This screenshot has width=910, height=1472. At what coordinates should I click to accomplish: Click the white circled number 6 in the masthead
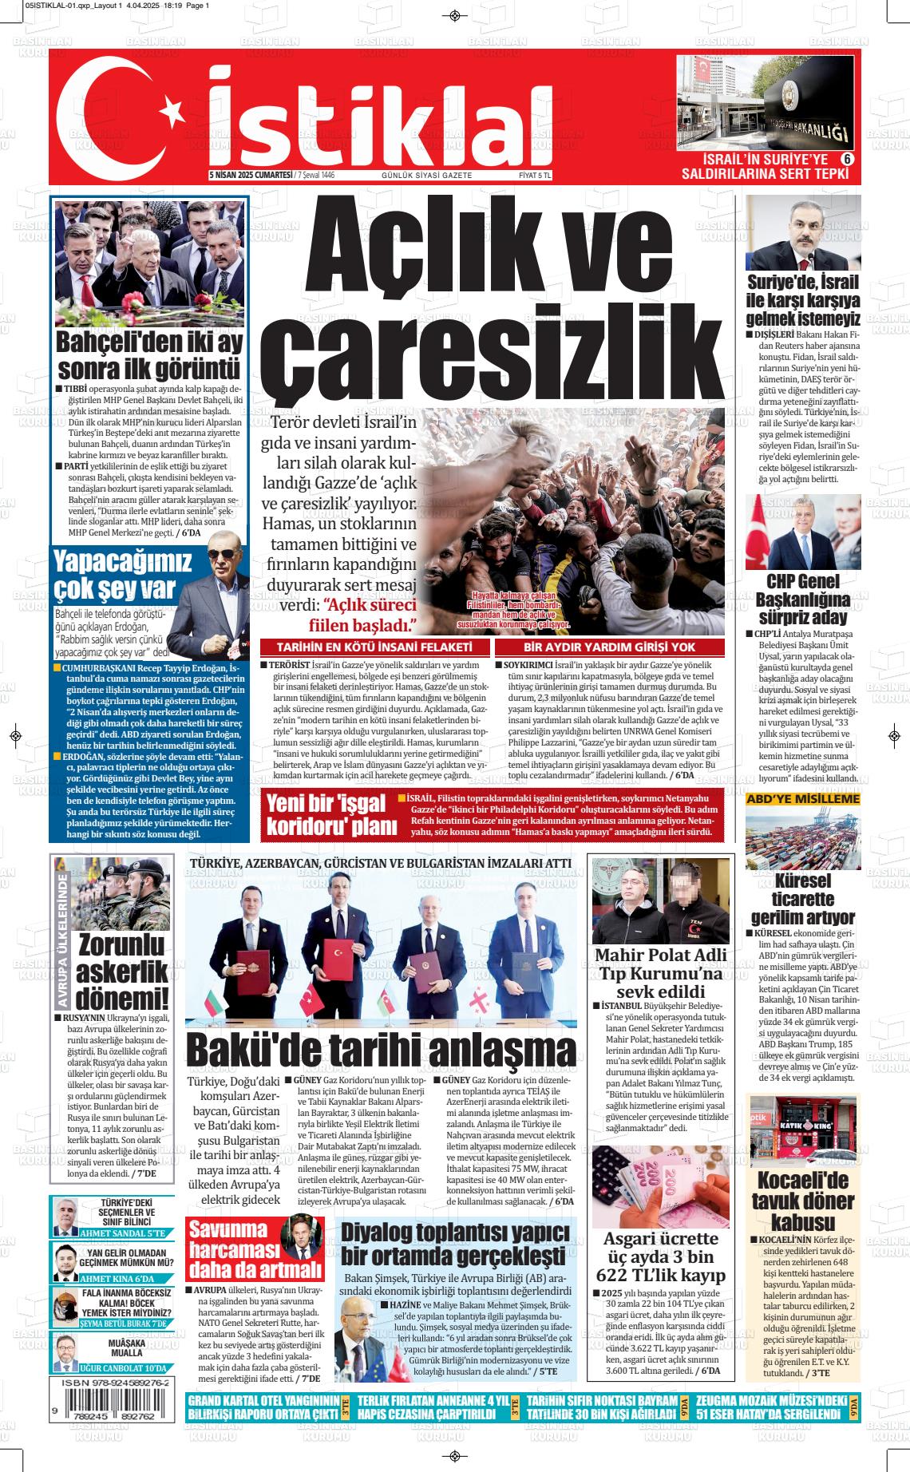pos(848,159)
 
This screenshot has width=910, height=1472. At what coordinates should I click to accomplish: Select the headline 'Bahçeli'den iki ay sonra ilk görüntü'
pos(148,355)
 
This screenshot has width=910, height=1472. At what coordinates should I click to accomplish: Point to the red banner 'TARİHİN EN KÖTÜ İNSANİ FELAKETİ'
pos(374,647)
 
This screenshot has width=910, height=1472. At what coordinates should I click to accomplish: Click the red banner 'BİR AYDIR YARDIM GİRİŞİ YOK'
pos(609,647)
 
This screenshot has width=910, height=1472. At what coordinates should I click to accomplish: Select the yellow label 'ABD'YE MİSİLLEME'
pos(803,798)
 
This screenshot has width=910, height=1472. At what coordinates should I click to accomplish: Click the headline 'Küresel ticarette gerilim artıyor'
pos(802,900)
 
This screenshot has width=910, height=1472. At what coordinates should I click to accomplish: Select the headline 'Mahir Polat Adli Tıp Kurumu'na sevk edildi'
pos(661,973)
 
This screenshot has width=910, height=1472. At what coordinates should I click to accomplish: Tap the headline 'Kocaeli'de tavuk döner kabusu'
pos(802,1201)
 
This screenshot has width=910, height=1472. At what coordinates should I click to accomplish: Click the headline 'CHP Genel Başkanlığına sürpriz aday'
pos(802,599)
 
